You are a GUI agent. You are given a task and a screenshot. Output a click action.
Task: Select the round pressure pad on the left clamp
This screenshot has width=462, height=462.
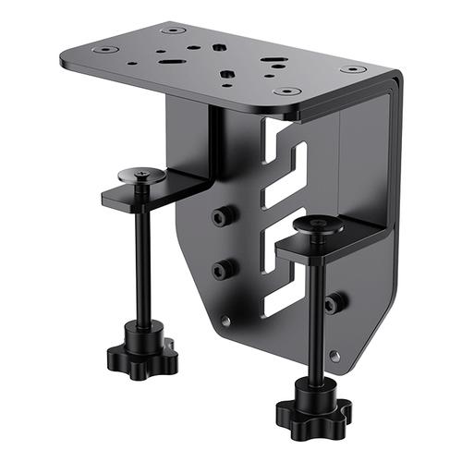tap(140, 174)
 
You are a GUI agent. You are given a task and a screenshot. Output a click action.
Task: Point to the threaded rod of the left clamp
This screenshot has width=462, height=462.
tap(143, 268)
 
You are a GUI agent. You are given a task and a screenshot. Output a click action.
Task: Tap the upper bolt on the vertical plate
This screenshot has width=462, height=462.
tap(220, 216)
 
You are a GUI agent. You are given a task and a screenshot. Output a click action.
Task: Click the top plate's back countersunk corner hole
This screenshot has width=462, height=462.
tap(174, 30)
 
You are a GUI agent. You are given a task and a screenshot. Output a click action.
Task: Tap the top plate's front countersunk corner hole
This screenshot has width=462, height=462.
tap(287, 92)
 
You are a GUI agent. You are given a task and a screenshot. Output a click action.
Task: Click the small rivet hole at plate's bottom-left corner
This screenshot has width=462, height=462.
tap(225, 321)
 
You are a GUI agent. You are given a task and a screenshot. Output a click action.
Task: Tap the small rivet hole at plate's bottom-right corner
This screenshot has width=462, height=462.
tap(334, 355)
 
